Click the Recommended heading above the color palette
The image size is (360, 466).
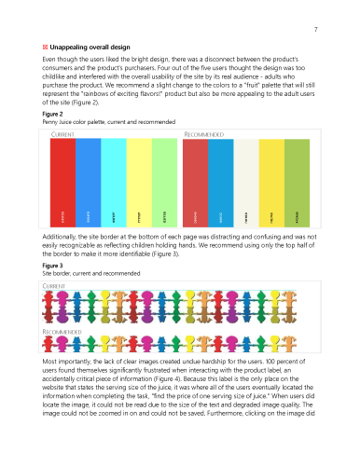[x=205, y=134]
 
